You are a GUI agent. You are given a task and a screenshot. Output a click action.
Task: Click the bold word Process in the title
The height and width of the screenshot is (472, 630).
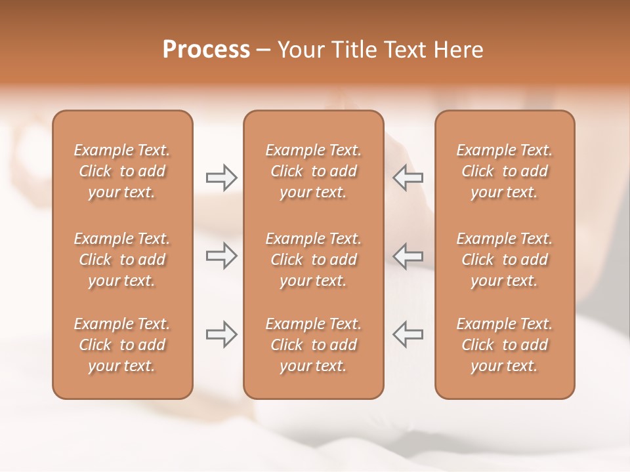[x=206, y=50]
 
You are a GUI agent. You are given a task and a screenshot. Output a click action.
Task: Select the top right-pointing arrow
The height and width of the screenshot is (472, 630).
[x=222, y=178]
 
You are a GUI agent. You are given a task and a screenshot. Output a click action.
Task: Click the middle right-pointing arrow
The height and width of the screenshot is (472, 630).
[x=222, y=256]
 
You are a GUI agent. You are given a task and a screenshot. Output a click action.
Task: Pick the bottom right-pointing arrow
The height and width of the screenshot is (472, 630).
[x=222, y=334]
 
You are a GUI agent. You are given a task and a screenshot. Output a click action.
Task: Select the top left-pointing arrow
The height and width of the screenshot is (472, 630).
[x=408, y=178]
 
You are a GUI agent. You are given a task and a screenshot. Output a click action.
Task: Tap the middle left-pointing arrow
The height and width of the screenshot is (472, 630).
[x=408, y=256]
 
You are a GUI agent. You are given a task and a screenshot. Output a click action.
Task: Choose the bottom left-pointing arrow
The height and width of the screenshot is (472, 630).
[x=408, y=334]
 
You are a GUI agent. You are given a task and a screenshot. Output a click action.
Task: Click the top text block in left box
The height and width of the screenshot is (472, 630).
[x=122, y=171]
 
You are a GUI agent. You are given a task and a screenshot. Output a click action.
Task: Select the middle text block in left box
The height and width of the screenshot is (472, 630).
[x=122, y=260]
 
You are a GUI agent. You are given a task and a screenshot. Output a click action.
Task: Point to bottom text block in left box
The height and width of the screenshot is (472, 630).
[x=122, y=345]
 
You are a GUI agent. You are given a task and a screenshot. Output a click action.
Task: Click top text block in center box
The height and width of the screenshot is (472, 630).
[x=314, y=171]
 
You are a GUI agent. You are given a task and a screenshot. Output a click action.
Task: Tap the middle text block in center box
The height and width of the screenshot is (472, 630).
[x=314, y=260]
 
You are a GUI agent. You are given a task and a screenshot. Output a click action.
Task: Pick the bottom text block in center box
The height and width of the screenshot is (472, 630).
[x=314, y=345]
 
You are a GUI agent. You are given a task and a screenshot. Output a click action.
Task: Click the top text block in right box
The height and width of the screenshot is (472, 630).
[x=505, y=171]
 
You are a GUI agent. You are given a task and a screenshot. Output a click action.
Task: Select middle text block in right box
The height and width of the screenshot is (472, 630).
[x=505, y=260]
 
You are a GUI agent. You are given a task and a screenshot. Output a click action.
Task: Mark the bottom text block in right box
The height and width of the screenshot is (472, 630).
[x=505, y=345]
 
